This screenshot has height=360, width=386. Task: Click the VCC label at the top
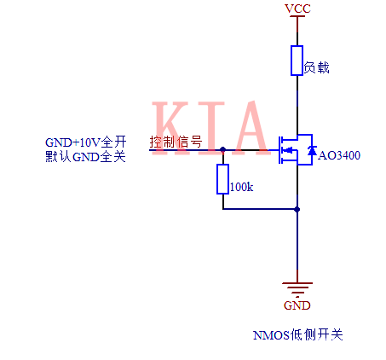pos(297,9)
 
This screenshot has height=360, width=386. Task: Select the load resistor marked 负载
pos(297,60)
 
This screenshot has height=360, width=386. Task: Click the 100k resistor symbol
pos(222,179)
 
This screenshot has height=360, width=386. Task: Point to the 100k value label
pos(242,186)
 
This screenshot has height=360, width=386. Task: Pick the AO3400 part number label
pos(339,156)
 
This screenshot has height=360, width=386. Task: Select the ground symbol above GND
pos(297,288)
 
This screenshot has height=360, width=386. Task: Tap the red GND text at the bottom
pos(297,305)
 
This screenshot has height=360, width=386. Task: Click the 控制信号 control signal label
pos(176,142)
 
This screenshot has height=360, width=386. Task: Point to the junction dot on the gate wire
pos(222,148)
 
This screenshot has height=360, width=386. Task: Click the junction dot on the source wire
pos(297,208)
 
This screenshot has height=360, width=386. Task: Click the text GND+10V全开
pos(85,142)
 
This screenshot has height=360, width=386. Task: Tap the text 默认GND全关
pos(85,156)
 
